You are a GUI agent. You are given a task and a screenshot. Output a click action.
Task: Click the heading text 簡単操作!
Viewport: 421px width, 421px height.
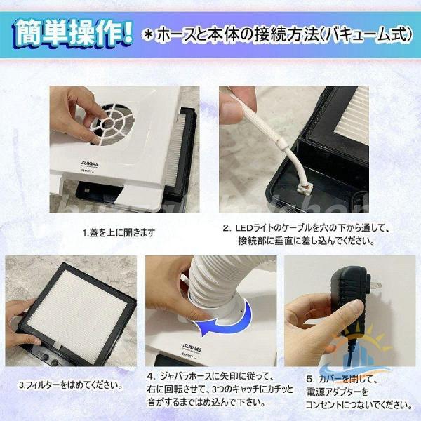(x=73, y=35)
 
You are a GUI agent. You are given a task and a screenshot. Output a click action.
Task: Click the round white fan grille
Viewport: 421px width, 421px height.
(x=111, y=124)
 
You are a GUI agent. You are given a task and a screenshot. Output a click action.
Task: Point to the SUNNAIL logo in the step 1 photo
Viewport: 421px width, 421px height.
(x=90, y=163)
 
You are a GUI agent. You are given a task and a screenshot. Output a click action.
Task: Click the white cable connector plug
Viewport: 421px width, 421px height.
(x=304, y=186)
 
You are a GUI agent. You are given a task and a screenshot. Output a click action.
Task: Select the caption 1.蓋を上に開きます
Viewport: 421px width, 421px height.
(x=119, y=232)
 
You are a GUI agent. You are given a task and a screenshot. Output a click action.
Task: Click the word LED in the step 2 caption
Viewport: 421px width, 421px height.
(x=243, y=229)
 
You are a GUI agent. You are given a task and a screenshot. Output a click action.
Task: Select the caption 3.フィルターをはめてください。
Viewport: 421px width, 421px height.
(x=71, y=386)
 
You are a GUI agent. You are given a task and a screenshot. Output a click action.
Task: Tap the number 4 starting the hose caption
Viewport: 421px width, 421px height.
(x=150, y=376)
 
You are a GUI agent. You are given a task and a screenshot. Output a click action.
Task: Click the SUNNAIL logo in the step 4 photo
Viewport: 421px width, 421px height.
(x=192, y=348)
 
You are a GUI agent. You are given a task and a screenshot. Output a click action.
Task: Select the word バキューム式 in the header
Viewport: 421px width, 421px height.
(x=366, y=35)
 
